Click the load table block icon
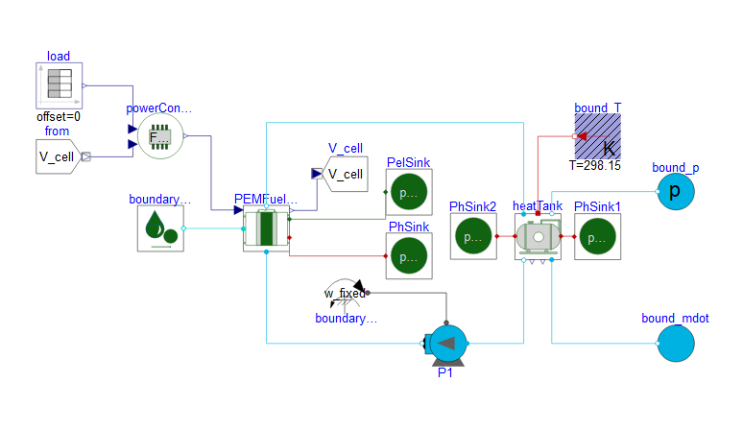click(60, 85)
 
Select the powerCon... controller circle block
click(159, 138)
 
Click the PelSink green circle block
click(409, 192)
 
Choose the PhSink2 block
click(473, 237)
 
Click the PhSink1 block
click(597, 237)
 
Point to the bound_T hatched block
click(597, 136)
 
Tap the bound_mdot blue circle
click(681, 343)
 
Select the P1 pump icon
click(445, 344)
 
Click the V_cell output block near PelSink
click(346, 174)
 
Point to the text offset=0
click(59, 116)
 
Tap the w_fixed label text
click(343, 292)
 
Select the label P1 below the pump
click(445, 373)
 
